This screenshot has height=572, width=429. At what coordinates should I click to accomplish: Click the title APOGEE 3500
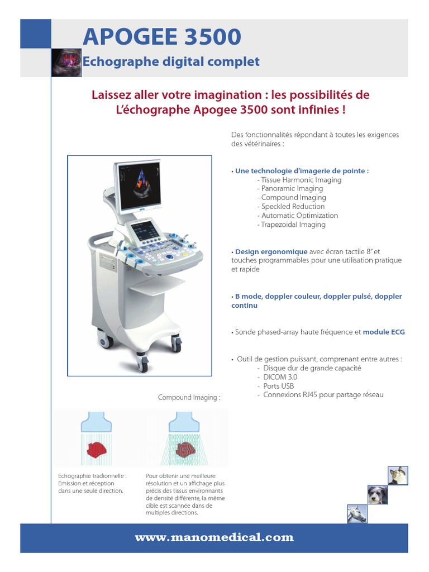coord(162,37)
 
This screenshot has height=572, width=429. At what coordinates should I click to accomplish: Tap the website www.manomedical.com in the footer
coord(214,538)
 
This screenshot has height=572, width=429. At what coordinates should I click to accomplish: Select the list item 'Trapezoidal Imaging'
coord(293,225)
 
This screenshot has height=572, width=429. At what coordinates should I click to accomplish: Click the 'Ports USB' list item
coord(279,386)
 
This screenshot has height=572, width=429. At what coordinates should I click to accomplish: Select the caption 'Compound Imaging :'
coord(189,398)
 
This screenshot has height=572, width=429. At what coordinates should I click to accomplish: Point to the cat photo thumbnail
coord(398,475)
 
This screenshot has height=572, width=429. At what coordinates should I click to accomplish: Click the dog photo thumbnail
coord(376,495)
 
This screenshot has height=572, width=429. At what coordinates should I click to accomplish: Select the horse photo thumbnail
coord(356,514)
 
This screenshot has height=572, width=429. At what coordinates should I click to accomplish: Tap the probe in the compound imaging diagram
coord(180,421)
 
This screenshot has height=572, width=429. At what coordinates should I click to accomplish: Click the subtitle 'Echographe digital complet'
coord(171,61)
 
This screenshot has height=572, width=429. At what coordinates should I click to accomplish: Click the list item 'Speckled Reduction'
coord(293,207)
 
